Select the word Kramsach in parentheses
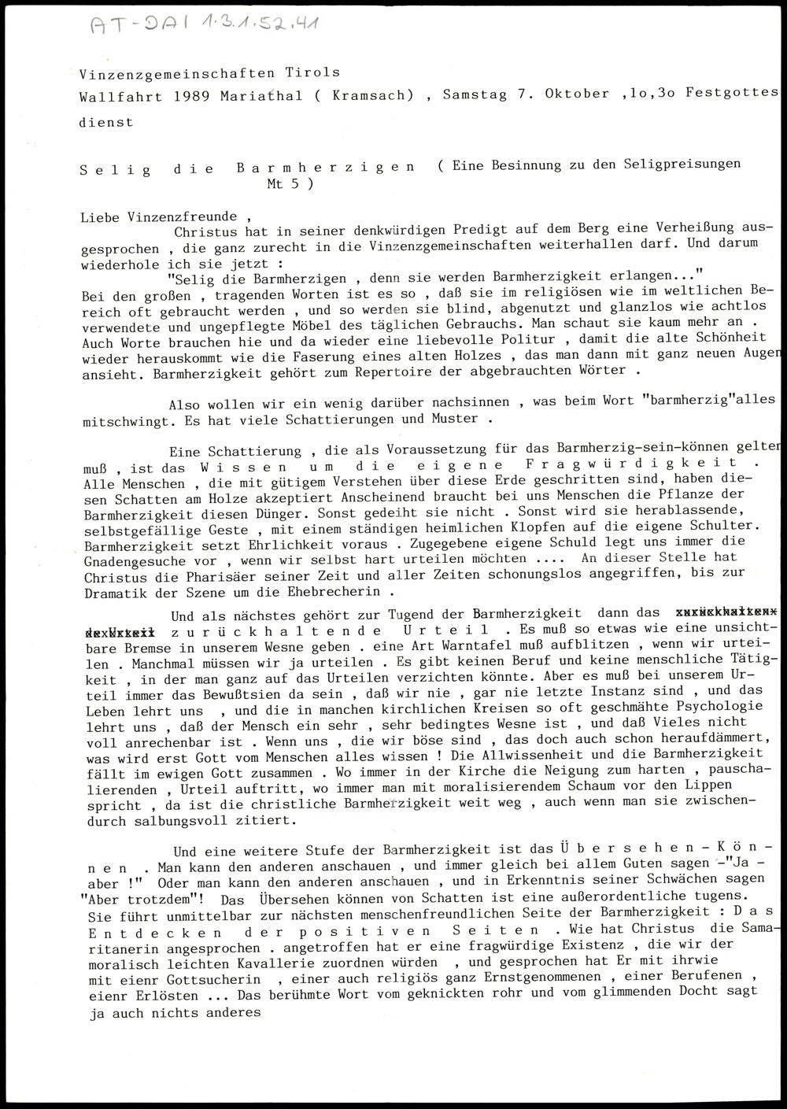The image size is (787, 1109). (x=370, y=94)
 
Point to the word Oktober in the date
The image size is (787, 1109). (x=574, y=94)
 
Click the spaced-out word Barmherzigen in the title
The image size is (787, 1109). (x=326, y=168)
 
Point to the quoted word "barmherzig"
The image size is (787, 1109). (x=688, y=401)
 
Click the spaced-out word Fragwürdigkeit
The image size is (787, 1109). (x=638, y=464)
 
